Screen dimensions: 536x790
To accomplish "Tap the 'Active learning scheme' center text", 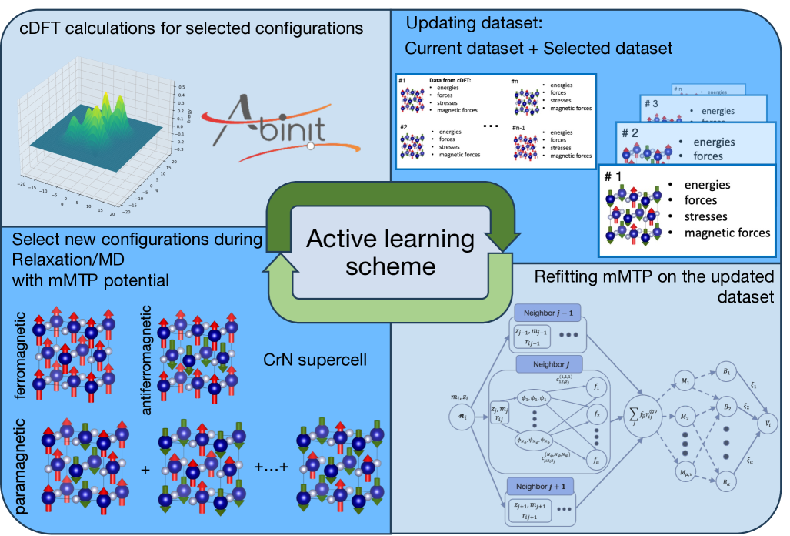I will click(x=390, y=252).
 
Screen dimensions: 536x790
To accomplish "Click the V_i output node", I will click(x=766, y=423).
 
